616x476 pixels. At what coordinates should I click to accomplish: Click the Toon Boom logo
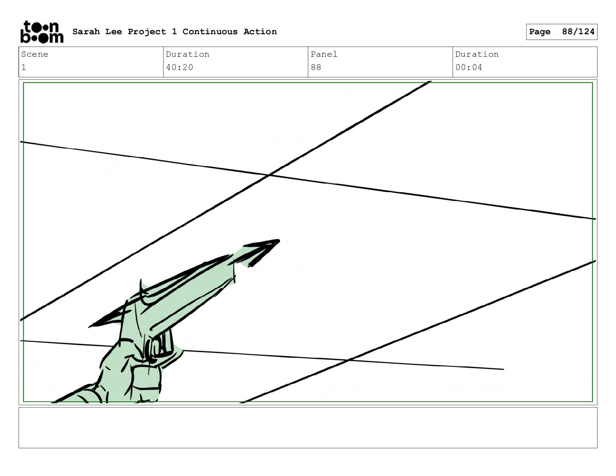[42, 32]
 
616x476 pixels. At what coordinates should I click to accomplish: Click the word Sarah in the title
[86, 31]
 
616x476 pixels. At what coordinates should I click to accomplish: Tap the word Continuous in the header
[210, 31]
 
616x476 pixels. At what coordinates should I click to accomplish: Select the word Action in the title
[260, 31]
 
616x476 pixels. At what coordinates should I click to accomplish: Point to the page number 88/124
[578, 31]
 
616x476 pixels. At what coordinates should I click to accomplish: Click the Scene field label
[35, 54]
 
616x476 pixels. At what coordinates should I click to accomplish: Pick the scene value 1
[24, 68]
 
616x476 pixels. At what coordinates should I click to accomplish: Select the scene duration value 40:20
[179, 68]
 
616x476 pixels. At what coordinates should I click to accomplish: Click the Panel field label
[324, 54]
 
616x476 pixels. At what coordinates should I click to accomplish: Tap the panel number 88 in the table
[316, 68]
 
